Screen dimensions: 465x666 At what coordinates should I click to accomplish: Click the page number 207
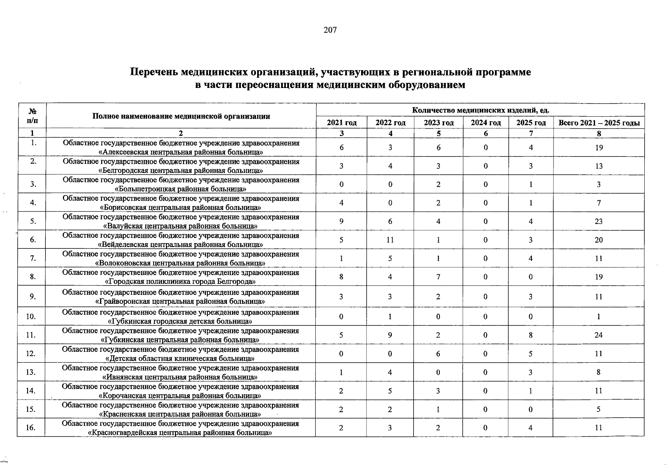(330, 30)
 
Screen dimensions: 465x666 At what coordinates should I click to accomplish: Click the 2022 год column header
(390, 123)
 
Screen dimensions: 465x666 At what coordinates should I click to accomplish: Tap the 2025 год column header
(531, 123)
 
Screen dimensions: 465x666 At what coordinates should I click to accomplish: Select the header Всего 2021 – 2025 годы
(599, 123)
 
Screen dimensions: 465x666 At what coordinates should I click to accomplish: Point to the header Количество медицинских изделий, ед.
(480, 110)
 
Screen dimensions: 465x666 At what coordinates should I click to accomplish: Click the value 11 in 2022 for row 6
(390, 240)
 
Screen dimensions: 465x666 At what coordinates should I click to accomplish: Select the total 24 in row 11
(599, 335)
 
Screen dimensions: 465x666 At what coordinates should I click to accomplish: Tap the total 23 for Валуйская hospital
(599, 221)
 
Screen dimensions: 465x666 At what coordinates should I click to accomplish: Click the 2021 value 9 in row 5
(341, 221)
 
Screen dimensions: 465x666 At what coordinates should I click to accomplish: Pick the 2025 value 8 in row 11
(530, 335)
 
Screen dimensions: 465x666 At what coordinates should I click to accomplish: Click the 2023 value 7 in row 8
(438, 277)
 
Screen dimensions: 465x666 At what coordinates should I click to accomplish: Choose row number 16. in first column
(31, 427)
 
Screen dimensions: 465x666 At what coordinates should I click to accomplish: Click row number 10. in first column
(31, 317)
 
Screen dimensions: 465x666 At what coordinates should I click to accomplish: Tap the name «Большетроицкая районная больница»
(181, 189)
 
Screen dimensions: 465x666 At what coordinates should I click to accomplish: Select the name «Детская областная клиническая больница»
(181, 358)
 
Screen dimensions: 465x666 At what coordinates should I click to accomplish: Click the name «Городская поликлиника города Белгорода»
(181, 282)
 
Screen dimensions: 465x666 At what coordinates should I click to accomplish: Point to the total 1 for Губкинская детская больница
(599, 317)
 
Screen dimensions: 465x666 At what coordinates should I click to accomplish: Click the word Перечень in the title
(154, 72)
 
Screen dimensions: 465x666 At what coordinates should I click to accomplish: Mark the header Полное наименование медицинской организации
(181, 116)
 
